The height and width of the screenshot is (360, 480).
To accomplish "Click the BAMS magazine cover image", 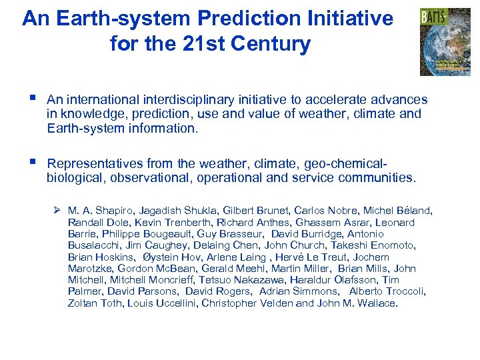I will click(x=445, y=42).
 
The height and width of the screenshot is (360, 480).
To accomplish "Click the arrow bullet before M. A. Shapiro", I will click(x=58, y=211).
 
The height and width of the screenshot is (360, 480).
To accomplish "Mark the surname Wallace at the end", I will click(x=375, y=303).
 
